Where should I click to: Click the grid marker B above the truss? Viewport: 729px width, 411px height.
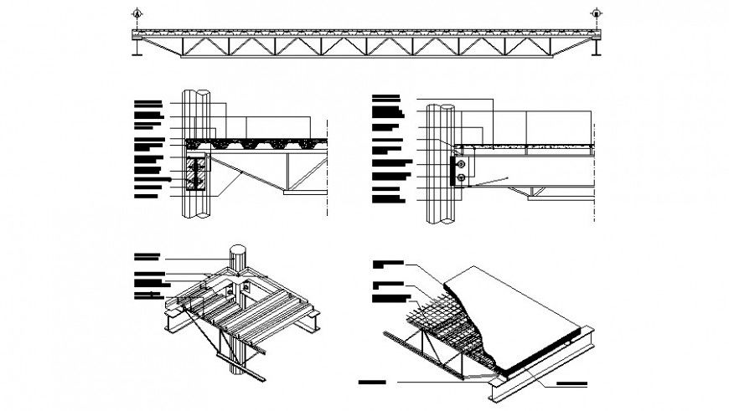point(596,13)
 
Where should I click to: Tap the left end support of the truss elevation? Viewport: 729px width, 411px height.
point(137,49)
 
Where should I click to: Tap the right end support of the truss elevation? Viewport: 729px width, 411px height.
point(596,49)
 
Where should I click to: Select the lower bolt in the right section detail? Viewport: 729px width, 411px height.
point(461,177)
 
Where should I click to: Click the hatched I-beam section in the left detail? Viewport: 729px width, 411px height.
point(197,173)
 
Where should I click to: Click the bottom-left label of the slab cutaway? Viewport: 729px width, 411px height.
point(372,383)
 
